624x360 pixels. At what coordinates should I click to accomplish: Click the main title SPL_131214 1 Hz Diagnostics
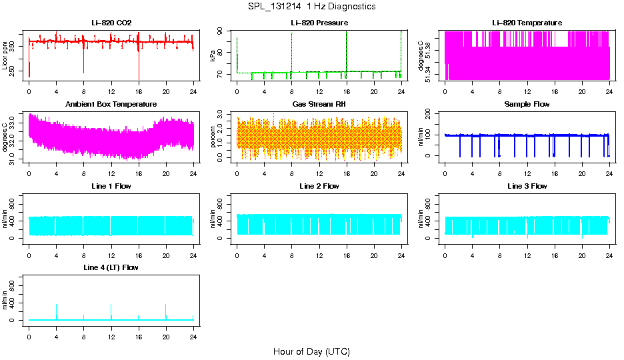(311, 7)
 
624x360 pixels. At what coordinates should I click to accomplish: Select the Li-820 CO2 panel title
(111, 23)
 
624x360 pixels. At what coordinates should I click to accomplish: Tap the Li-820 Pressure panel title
(319, 23)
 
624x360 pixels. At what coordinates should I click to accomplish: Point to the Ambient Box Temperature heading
(111, 105)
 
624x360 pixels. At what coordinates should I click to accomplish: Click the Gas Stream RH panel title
(319, 105)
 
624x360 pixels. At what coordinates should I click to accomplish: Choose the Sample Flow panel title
(527, 105)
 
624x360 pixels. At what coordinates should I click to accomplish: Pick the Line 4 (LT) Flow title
(111, 268)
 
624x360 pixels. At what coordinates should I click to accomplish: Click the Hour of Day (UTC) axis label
(311, 351)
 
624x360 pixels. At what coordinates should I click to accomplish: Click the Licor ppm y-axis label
(5, 56)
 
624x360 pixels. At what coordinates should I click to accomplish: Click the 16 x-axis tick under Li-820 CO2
(139, 91)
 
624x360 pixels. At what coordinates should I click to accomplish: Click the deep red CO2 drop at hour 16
(139, 70)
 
